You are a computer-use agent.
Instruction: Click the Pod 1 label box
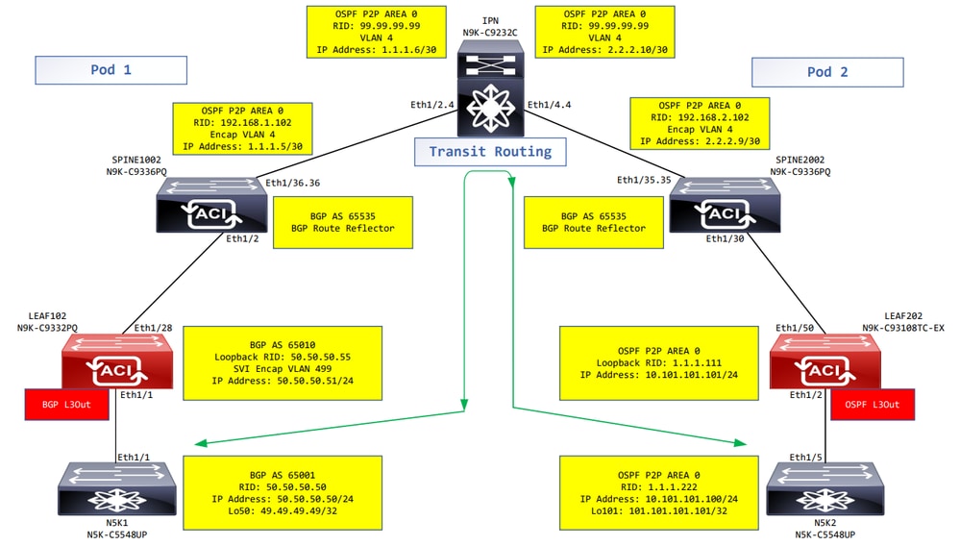[x=111, y=71]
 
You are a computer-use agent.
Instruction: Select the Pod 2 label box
[x=827, y=73]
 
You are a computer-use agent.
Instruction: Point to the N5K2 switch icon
[x=823, y=489]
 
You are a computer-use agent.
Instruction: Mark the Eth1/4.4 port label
[x=551, y=105]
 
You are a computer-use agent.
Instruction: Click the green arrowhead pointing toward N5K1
[x=202, y=444]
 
